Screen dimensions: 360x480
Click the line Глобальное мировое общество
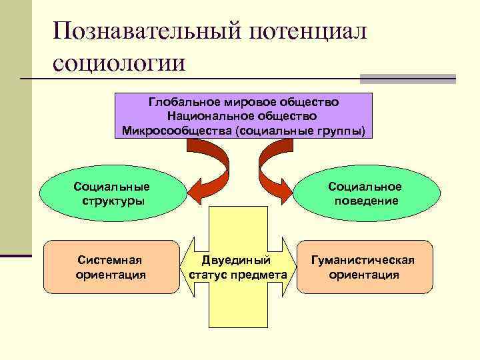pos(243,103)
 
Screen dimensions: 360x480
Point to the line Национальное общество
pos(243,116)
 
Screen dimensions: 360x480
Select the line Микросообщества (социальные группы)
pos(243,129)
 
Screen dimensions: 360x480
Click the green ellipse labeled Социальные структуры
pos(111,193)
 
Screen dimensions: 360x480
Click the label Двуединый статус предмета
pos(238,267)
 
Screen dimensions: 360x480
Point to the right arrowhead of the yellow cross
pos(291,267)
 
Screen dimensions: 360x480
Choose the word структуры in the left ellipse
pos(111,201)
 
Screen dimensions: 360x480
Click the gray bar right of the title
pos(407,78)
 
